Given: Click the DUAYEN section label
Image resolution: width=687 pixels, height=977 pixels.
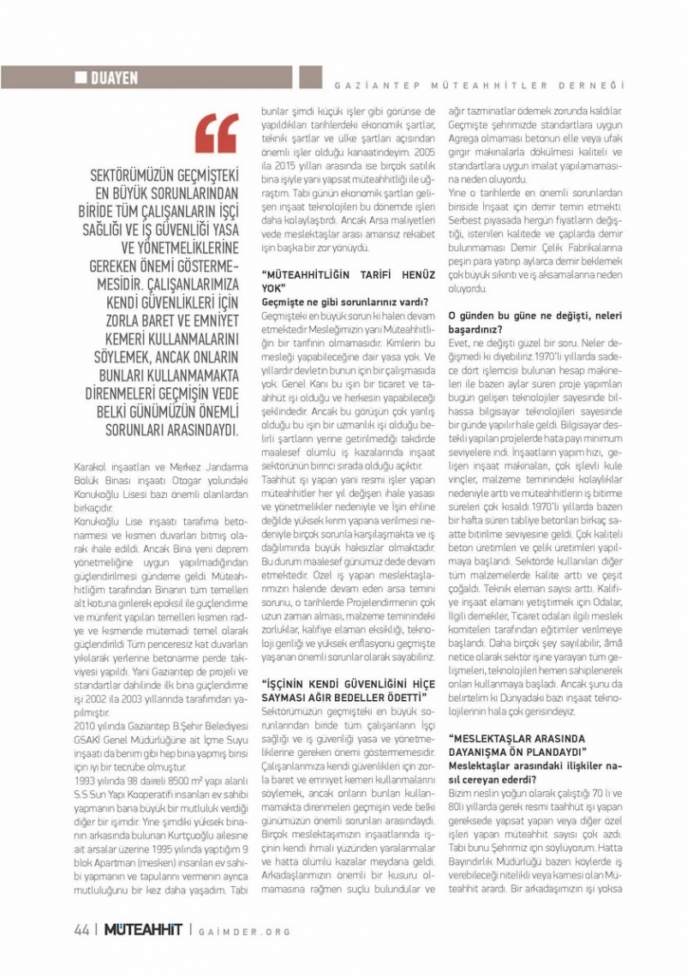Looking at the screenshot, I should pyautogui.click(x=114, y=79).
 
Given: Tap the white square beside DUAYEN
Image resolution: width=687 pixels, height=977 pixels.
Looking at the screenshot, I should pyautogui.click(x=81, y=79).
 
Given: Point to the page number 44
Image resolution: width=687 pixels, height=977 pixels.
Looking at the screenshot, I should pyautogui.click(x=82, y=931).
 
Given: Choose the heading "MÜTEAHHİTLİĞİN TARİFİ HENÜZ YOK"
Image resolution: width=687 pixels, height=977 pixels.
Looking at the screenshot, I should pyautogui.click(x=340, y=281).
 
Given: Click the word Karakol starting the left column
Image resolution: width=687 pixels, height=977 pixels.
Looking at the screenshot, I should pyautogui.click(x=89, y=467).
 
